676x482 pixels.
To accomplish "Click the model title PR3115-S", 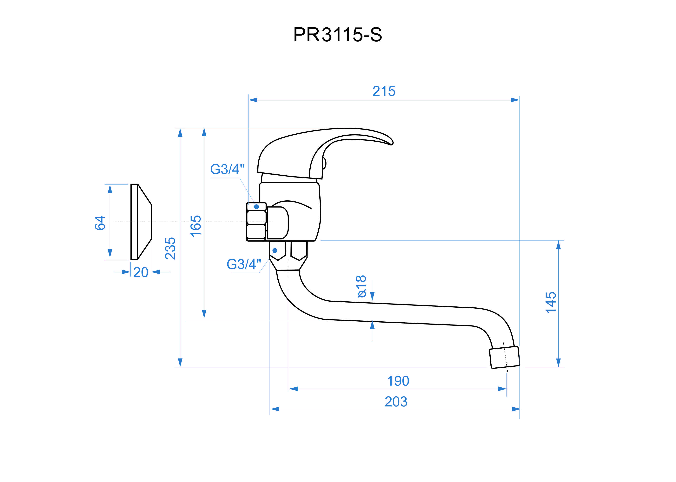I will pos(338,35).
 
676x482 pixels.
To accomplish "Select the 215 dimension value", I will pos(384,91).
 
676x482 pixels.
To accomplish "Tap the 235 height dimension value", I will pos(170,248).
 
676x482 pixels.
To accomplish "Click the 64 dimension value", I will pos(100,223).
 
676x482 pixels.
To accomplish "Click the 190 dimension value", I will pos(398,381).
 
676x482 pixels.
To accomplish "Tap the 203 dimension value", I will pos(396,402).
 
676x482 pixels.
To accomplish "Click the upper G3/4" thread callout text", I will pos(227,169).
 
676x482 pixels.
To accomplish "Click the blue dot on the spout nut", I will pos(275,251).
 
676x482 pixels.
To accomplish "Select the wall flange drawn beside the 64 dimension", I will pos(141,222).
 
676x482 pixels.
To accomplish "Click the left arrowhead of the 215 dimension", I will pos(253,100).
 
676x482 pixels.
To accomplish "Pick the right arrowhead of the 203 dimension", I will pos(516,409).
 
